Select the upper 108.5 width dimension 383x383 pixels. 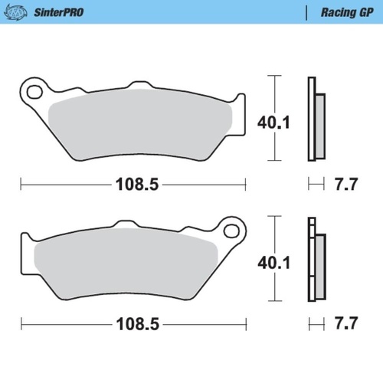coord(132,184)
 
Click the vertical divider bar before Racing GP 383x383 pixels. coord(306,11)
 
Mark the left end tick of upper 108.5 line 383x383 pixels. coord(21,184)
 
